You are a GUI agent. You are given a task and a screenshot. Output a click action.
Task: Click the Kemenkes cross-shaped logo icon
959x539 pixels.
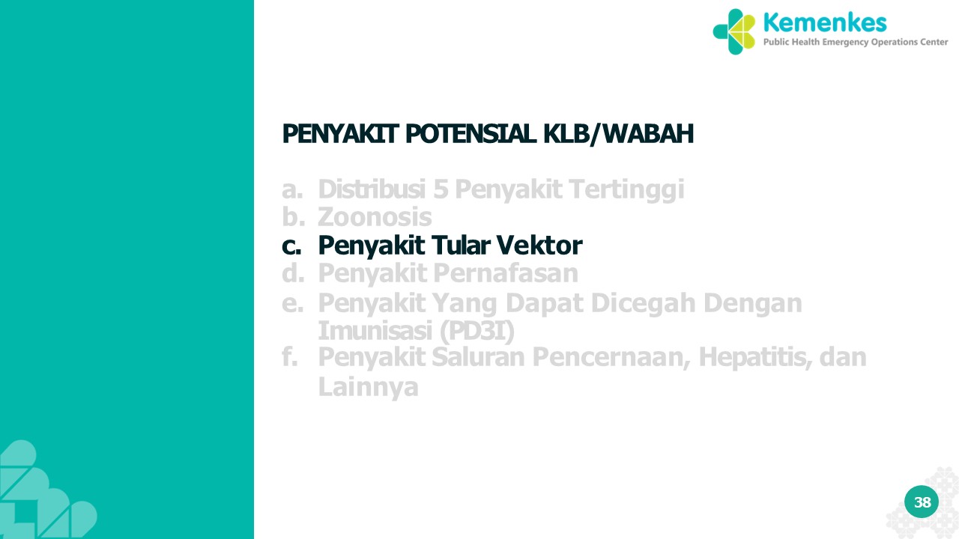[733, 31]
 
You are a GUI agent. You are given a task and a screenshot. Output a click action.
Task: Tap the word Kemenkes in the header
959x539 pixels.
[825, 22]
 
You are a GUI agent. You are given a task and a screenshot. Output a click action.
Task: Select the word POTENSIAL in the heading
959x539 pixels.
[471, 134]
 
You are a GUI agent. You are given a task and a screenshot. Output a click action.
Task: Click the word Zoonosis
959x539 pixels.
[375, 217]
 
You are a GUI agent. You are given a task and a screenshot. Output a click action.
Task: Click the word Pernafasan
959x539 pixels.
[506, 273]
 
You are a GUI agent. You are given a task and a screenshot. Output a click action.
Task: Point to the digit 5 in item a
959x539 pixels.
[441, 189]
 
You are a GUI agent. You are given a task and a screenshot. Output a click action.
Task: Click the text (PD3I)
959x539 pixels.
[477, 331]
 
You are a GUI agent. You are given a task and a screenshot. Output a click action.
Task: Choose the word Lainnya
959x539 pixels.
[368, 387]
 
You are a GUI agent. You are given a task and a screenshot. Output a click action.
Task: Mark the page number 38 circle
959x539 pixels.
[922, 502]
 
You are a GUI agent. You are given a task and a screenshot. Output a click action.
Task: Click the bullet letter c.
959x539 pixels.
[291, 246]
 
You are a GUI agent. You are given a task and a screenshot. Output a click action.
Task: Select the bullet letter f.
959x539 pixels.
[289, 356]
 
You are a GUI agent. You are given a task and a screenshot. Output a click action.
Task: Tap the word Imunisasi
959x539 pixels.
[375, 331]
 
